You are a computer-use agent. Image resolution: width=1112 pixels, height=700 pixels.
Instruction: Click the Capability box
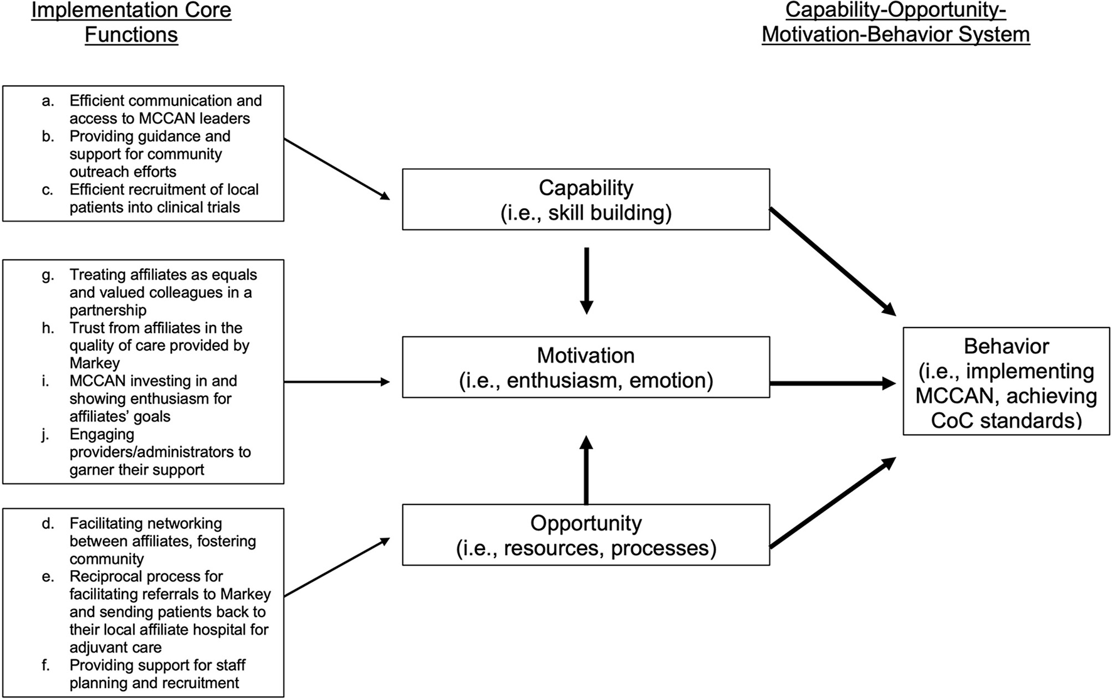pyautogui.click(x=585, y=199)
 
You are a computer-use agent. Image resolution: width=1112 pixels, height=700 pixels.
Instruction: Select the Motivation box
pyautogui.click(x=585, y=368)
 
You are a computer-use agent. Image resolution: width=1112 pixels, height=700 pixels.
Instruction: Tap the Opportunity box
pyautogui.click(x=585, y=535)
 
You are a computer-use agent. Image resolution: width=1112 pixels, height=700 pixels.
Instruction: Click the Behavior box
pyautogui.click(x=1006, y=381)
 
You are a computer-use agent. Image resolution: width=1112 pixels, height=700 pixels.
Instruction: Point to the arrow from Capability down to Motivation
pyautogui.click(x=585, y=280)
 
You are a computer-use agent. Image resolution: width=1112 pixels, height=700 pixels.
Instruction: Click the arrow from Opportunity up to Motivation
pyautogui.click(x=585, y=470)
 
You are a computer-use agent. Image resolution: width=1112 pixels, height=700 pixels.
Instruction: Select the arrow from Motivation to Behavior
pyautogui.click(x=832, y=383)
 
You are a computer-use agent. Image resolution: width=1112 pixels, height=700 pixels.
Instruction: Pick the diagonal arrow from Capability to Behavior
pyautogui.click(x=832, y=261)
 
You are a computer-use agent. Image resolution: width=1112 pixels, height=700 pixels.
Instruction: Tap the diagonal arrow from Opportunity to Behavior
pyautogui.click(x=832, y=502)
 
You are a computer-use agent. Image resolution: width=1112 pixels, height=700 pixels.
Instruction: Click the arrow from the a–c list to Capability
pyautogui.click(x=336, y=169)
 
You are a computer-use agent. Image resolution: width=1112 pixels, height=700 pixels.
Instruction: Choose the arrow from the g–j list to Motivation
pyautogui.click(x=336, y=381)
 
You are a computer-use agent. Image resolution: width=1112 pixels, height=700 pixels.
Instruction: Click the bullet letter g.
pyautogui.click(x=48, y=275)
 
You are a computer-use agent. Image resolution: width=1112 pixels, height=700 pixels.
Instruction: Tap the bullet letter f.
pyautogui.click(x=46, y=665)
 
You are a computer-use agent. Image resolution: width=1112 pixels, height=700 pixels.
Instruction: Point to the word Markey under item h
pyautogui.click(x=95, y=363)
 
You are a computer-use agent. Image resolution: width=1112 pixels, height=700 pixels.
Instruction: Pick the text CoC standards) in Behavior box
pyautogui.click(x=1006, y=420)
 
